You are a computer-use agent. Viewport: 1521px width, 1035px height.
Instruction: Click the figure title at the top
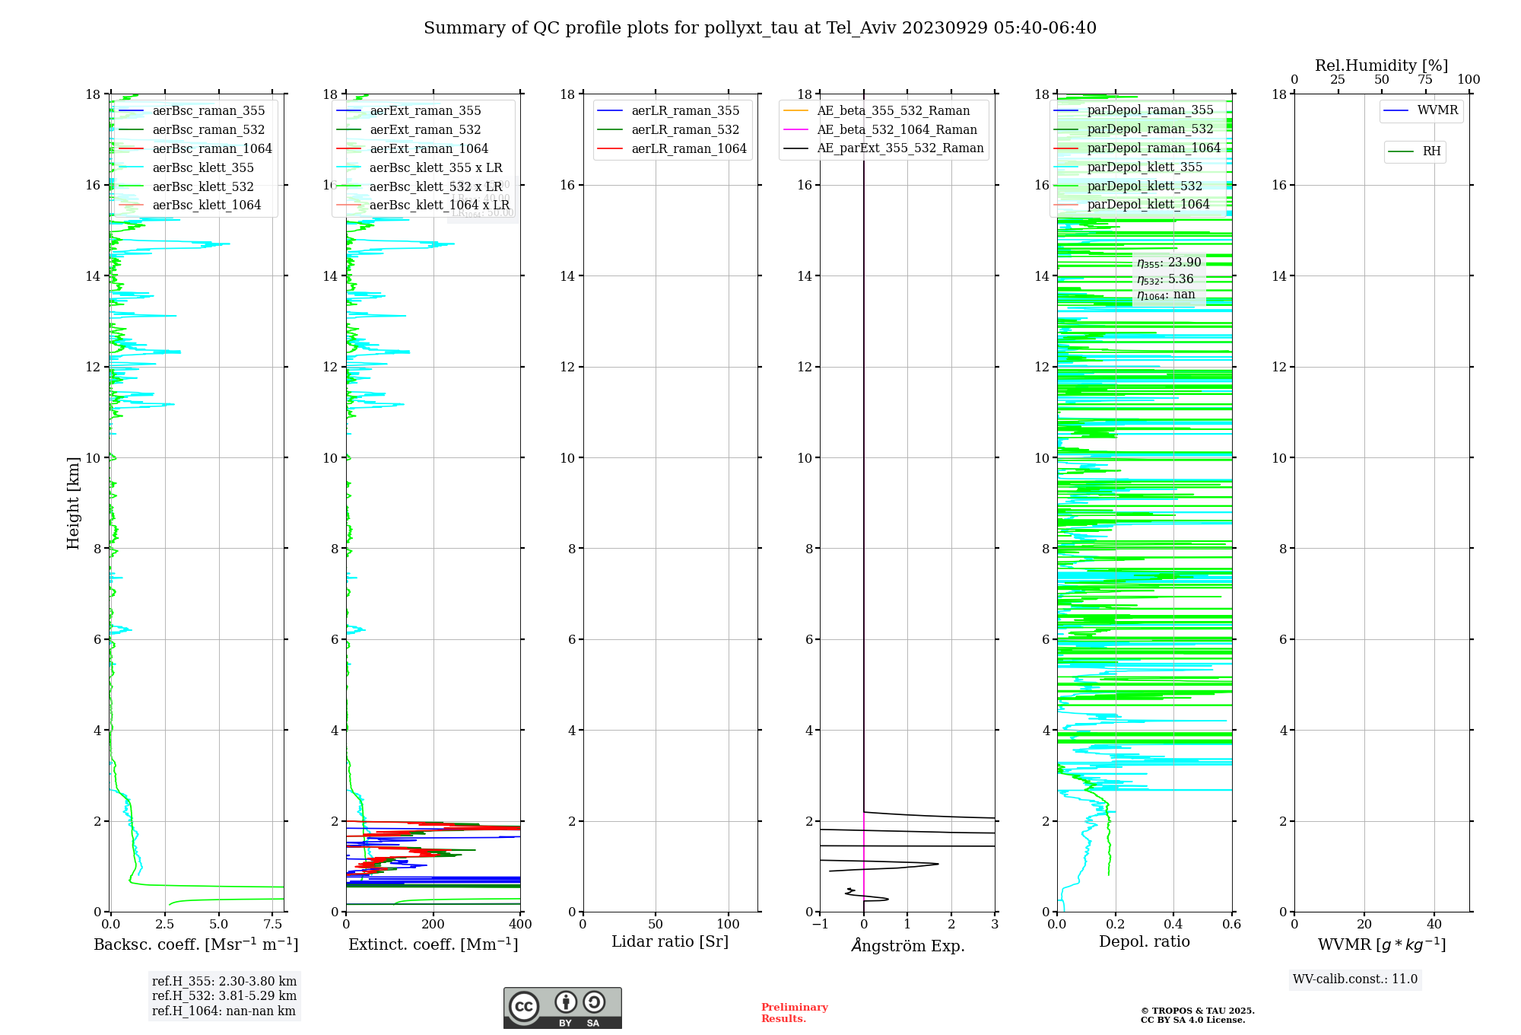coord(760,28)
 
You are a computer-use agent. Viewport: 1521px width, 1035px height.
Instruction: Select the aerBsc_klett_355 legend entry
coord(202,167)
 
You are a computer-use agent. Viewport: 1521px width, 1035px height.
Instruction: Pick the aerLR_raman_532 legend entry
coord(684,129)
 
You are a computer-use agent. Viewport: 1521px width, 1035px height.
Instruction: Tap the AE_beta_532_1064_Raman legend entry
coord(897,129)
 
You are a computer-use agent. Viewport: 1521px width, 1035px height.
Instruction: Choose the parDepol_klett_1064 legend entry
coord(1148,204)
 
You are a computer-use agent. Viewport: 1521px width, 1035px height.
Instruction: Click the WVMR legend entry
coord(1437,110)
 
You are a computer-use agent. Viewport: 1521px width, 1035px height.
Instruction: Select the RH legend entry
coord(1431,151)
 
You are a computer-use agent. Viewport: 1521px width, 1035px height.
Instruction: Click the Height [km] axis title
coord(73,502)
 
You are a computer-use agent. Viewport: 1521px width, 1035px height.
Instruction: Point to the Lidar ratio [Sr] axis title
coord(670,941)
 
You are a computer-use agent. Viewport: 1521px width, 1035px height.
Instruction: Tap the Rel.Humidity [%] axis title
coord(1381,65)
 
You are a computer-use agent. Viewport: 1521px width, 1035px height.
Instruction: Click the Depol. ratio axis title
coord(1144,941)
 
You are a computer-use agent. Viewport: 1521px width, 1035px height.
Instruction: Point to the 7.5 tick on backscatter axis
coord(272,925)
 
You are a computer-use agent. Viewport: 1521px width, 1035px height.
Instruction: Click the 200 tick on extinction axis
coord(433,925)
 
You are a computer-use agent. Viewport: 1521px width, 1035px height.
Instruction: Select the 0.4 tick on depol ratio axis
coord(1173,925)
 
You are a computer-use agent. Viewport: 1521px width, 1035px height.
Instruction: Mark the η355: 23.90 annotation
coord(1169,263)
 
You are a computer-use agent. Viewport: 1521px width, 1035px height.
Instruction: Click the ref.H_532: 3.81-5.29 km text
coord(224,995)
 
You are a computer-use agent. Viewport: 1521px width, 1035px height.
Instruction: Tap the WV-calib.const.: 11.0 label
coord(1355,979)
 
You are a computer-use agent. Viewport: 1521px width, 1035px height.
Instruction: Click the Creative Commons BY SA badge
coord(562,1008)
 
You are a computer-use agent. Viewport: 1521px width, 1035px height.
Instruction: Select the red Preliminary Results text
coord(794,1012)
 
